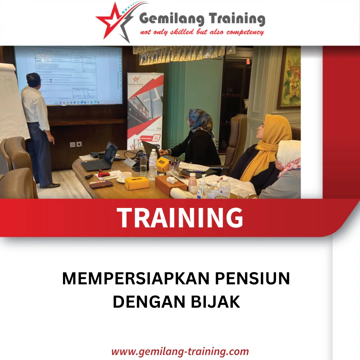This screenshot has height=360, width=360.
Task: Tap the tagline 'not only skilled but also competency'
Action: tap(202, 32)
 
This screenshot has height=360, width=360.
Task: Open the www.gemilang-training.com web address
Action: tap(180, 351)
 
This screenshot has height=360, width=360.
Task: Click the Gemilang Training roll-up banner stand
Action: tap(145, 110)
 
